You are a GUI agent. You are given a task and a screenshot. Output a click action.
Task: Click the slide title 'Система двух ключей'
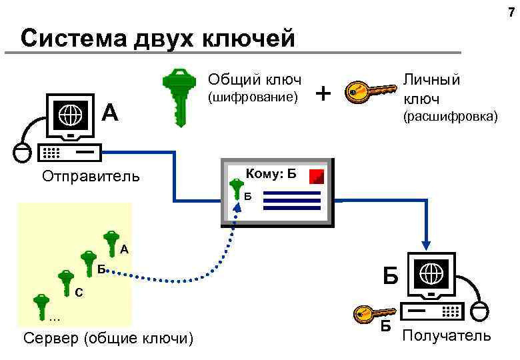click(158, 38)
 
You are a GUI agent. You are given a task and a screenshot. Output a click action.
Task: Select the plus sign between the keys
click(324, 93)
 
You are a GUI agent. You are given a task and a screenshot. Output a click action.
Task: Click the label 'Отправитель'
click(91, 177)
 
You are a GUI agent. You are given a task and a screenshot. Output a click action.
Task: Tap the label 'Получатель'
click(447, 335)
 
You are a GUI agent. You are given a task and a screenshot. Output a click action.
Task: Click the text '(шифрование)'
click(251, 98)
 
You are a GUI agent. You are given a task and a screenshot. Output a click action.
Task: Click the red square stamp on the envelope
click(317, 176)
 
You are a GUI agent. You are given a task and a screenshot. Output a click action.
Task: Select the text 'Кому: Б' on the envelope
click(270, 175)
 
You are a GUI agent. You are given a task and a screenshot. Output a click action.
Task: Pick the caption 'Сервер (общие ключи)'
click(107, 339)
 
